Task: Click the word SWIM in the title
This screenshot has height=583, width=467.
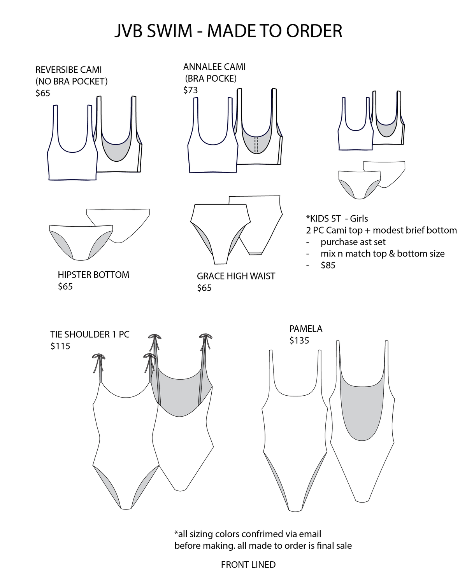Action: click(170, 31)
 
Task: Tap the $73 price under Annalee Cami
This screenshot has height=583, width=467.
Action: click(190, 90)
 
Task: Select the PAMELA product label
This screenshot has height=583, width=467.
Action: click(306, 329)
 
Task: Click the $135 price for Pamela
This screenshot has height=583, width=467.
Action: click(299, 340)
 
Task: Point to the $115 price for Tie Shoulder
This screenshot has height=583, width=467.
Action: click(60, 346)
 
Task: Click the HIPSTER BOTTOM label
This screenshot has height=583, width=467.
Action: click(94, 275)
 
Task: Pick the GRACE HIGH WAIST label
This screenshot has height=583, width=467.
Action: click(236, 276)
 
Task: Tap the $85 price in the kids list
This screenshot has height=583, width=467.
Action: click(328, 265)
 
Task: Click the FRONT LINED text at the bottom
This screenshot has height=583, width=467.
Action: click(248, 565)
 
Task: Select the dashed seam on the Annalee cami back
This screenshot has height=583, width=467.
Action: click(256, 145)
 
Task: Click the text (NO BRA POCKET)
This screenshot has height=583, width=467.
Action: click(72, 81)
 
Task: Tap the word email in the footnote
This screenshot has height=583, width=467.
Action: click(310, 534)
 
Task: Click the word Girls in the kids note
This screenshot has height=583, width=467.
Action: click(359, 218)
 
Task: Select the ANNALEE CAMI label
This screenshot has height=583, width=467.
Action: click(214, 67)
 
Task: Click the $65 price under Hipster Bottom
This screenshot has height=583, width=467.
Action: click(65, 286)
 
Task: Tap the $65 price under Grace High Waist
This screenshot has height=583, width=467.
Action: click(204, 288)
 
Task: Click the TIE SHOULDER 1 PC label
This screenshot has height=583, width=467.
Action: click(90, 335)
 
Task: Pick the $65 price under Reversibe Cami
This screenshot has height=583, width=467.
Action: click(43, 93)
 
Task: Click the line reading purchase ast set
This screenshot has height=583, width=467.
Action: click(353, 242)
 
